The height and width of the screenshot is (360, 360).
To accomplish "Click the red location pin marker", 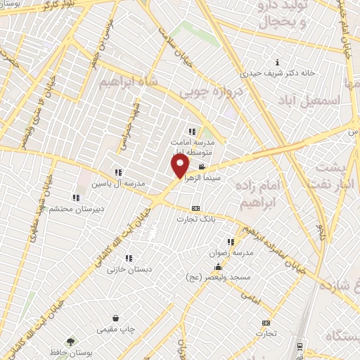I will [x=181, y=166].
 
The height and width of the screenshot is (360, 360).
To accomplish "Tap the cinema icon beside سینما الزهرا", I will [x=202, y=167].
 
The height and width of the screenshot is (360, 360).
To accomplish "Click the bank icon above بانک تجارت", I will [x=195, y=208].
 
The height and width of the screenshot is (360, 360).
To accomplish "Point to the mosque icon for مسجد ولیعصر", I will [x=218, y=266].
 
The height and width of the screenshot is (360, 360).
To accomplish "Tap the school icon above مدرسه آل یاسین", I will [x=118, y=172].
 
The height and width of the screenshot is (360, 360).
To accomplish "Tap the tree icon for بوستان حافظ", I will [x=68, y=341].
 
